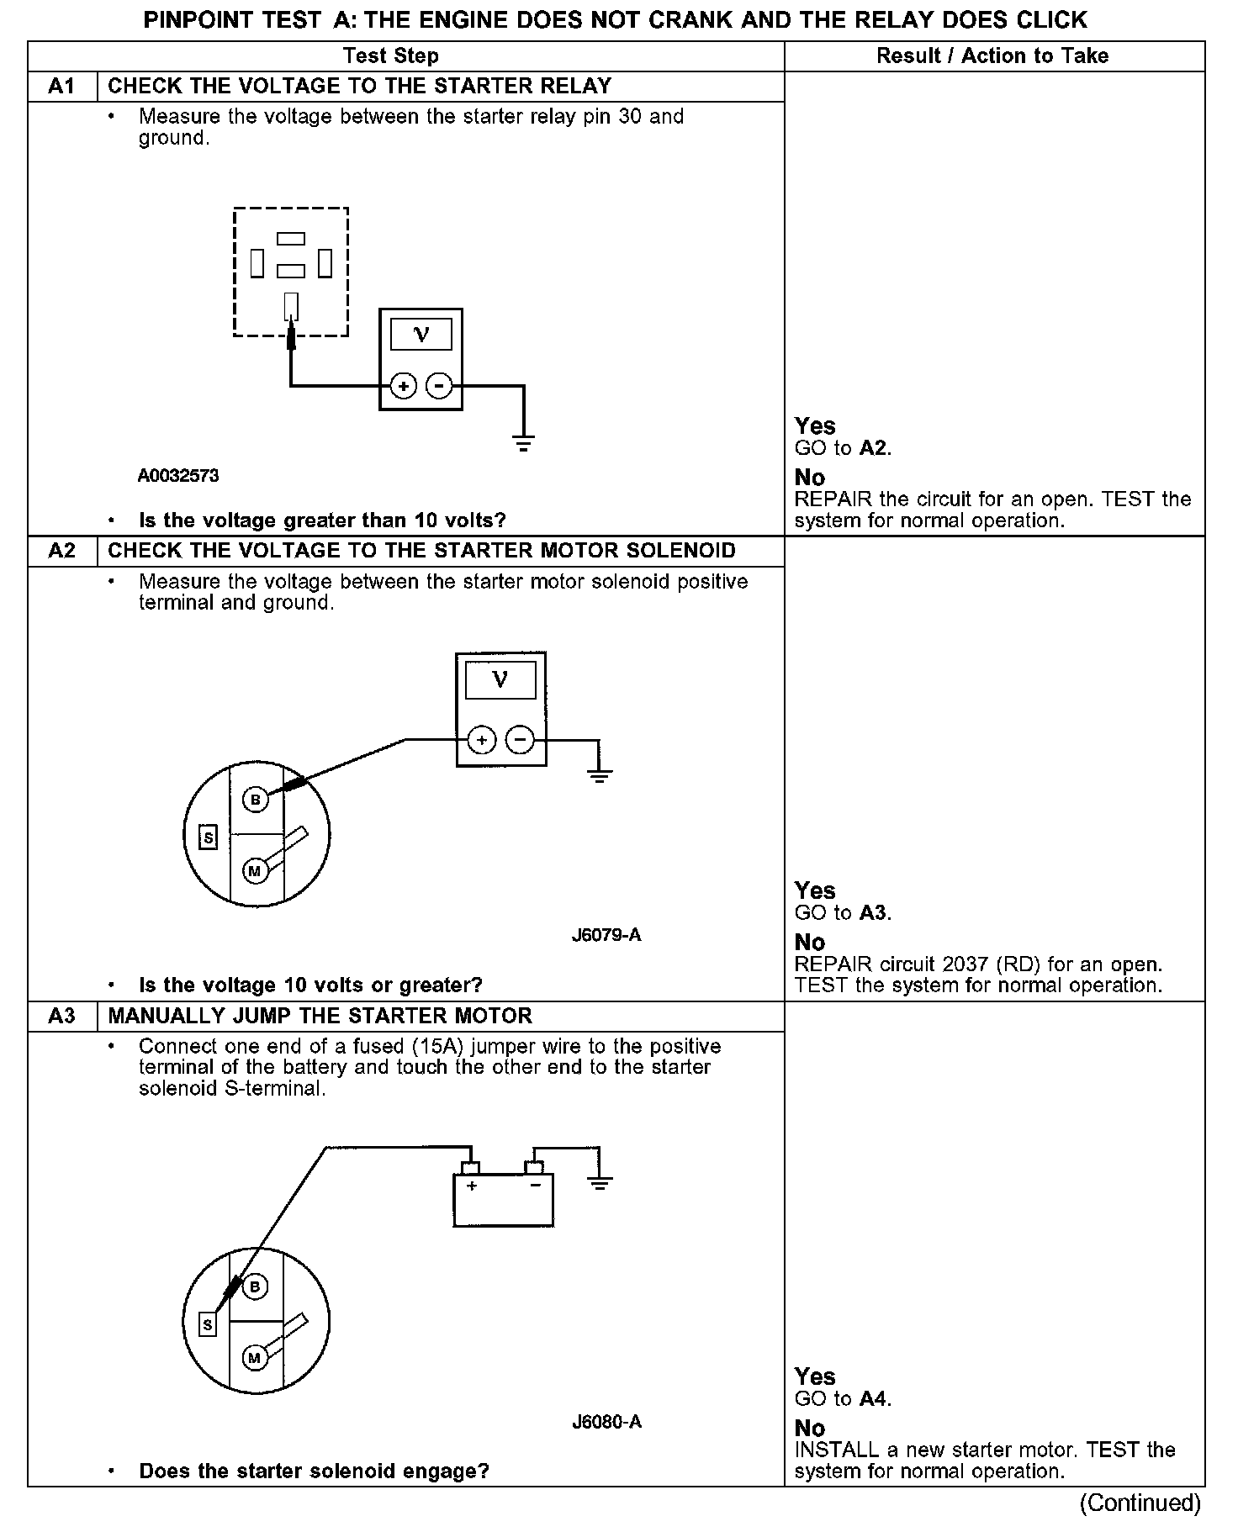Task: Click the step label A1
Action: tap(62, 87)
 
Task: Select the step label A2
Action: tap(62, 551)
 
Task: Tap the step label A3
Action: tap(62, 1016)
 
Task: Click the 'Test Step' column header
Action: tap(391, 56)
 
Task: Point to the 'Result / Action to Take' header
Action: tap(992, 56)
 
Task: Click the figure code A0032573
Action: tap(178, 476)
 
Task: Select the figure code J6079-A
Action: tap(606, 935)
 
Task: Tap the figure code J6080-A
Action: tap(606, 1422)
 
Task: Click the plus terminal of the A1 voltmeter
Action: tap(404, 387)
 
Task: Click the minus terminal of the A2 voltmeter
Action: tap(521, 740)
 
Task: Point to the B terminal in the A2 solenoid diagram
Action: tap(256, 799)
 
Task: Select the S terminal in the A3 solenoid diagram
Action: tap(207, 1325)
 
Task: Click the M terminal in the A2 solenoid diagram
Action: tap(255, 870)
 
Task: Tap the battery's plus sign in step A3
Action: tap(472, 1186)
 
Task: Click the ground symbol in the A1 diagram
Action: tap(523, 444)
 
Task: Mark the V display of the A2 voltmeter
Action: tap(500, 679)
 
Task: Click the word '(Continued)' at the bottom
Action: tap(1140, 1502)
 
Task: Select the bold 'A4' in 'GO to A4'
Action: tap(874, 1398)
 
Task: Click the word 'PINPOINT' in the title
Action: tap(190, 19)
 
